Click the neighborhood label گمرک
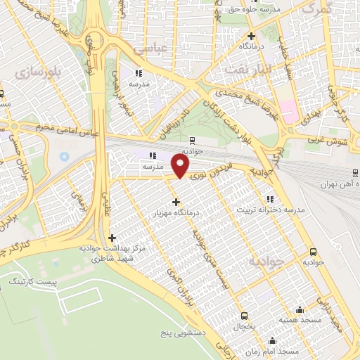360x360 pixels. tap(314, 10)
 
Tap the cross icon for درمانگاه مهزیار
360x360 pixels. tap(176, 202)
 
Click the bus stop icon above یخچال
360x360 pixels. tap(244, 315)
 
